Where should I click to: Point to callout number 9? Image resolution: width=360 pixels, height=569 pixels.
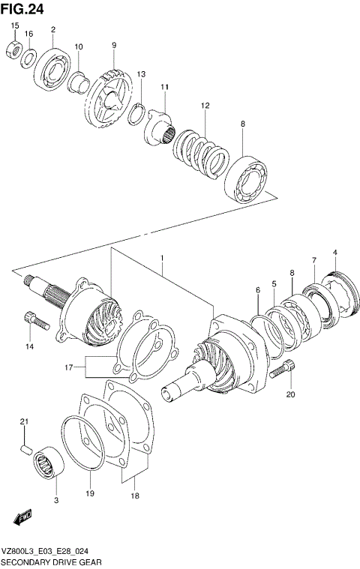114,46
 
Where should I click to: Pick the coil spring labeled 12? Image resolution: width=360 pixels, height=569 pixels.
199,148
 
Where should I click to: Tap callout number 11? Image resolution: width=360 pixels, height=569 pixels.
163,88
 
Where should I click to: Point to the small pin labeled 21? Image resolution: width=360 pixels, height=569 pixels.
25,448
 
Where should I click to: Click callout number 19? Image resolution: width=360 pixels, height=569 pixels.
89,494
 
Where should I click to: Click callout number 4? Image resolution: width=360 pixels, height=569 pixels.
335,252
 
